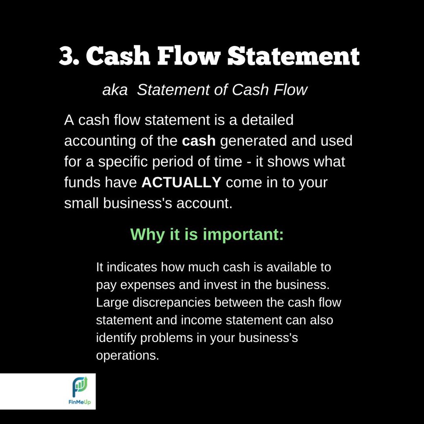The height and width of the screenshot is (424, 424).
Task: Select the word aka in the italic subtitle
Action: [x=115, y=90]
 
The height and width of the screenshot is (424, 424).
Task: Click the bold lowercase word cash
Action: [x=199, y=141]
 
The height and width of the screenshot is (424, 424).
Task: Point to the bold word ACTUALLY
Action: [x=181, y=183]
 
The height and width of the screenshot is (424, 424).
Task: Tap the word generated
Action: [x=253, y=141]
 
